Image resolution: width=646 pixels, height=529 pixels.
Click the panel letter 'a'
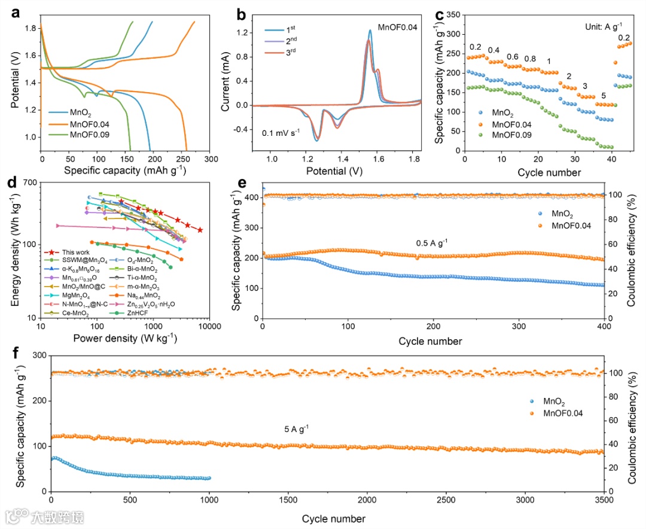pos(17,13)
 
